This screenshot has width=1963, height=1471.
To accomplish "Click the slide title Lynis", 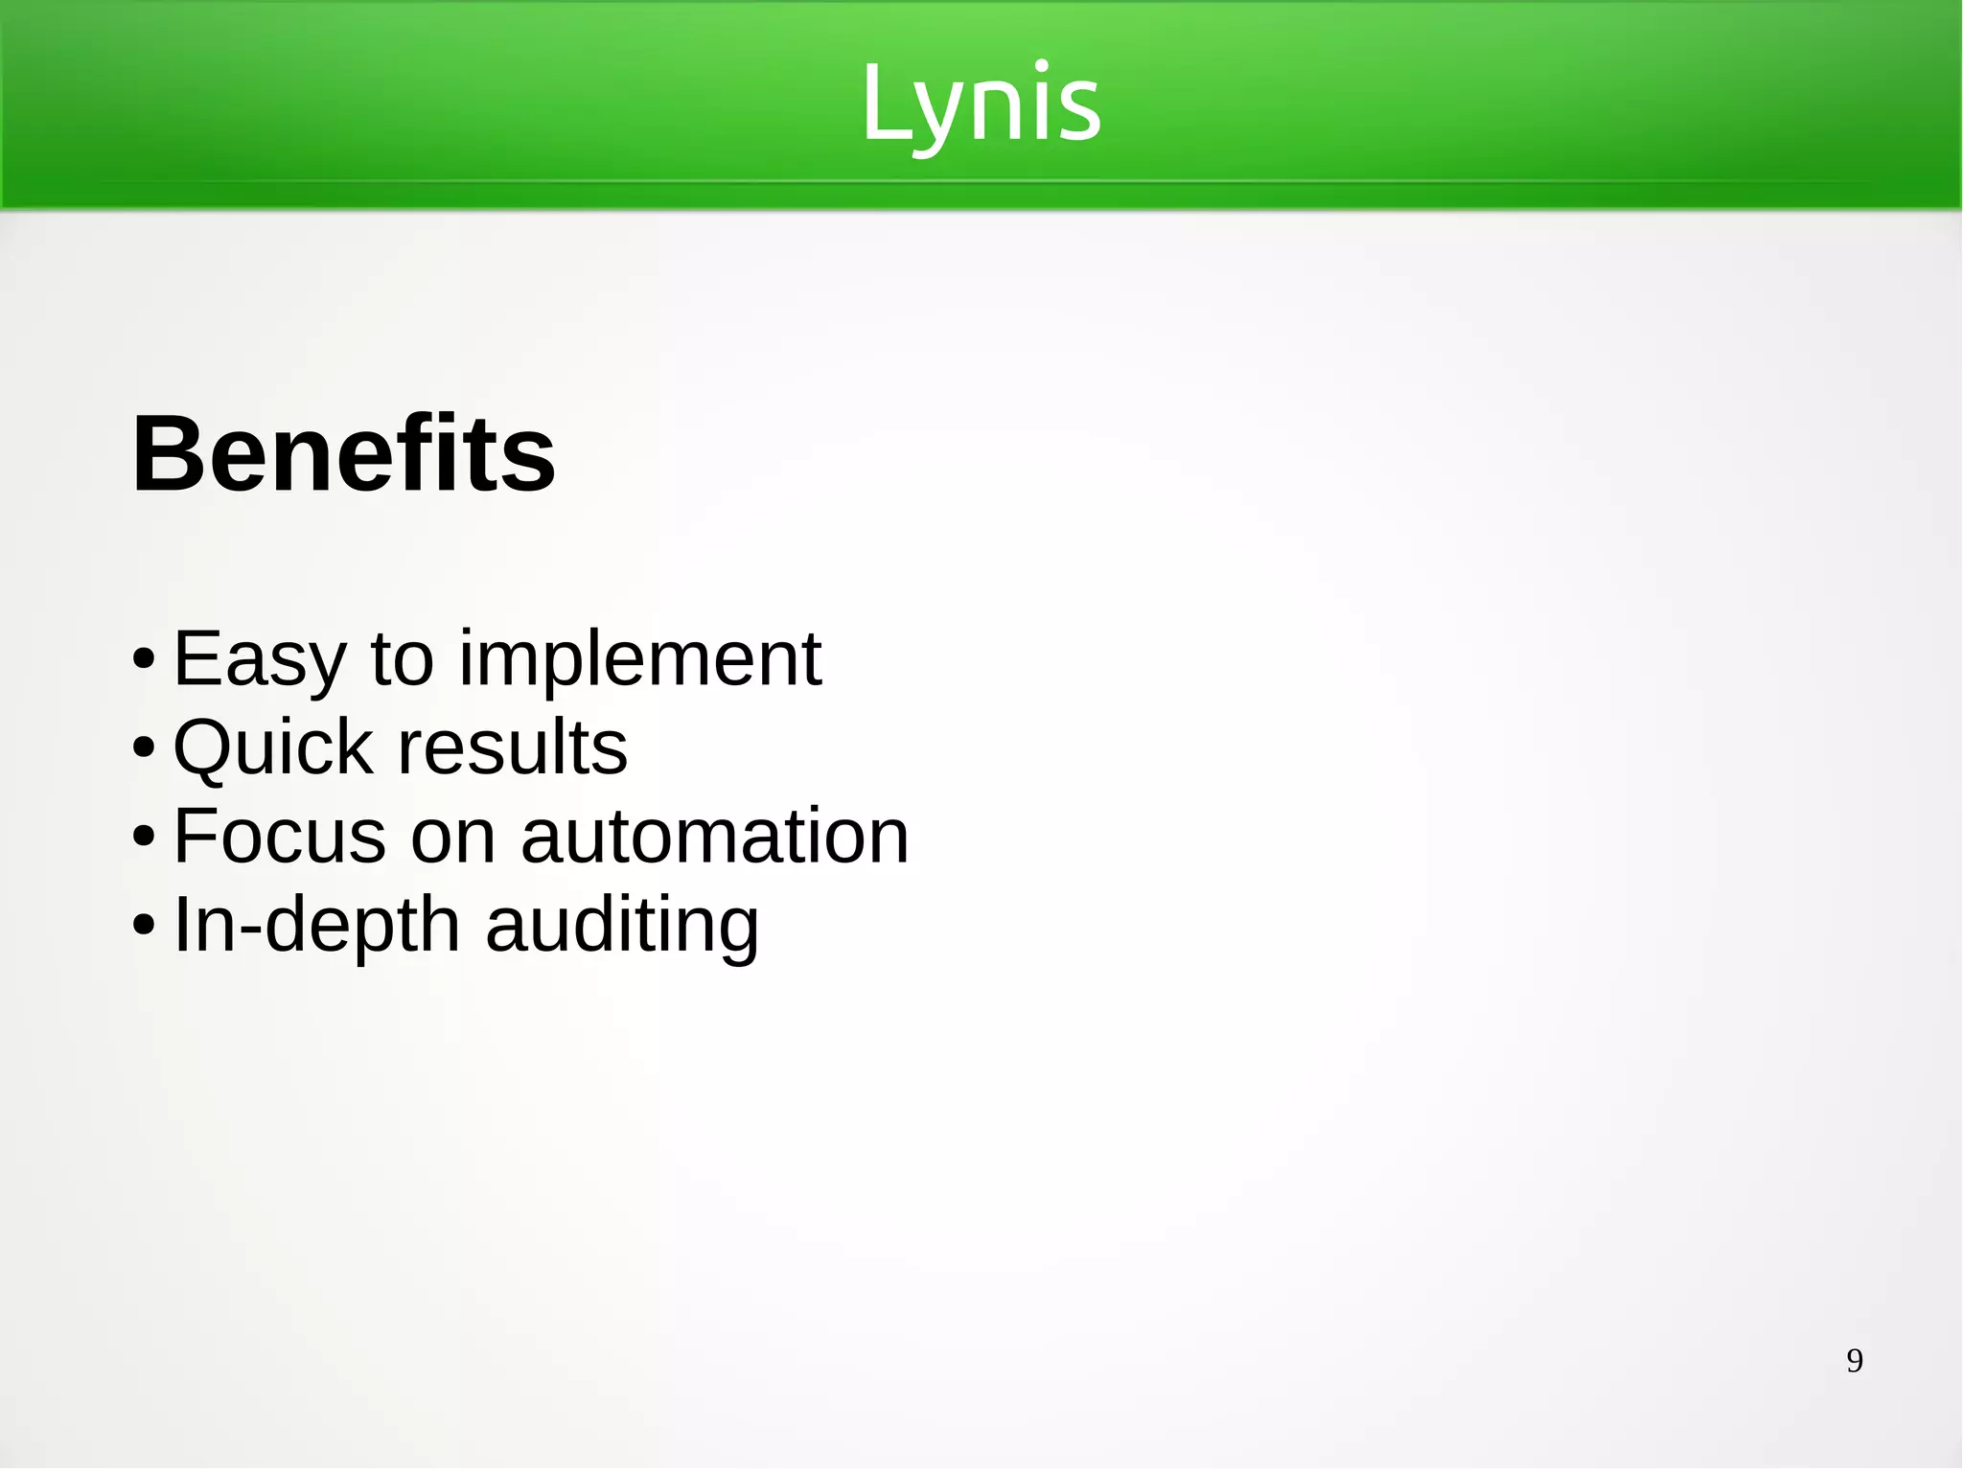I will [x=981, y=103].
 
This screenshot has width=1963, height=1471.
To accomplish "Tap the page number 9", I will [x=1855, y=1361].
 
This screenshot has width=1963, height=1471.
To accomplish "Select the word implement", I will [x=639, y=661].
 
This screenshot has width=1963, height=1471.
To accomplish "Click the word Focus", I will [x=280, y=836].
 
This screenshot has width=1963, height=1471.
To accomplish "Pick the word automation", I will [x=714, y=836].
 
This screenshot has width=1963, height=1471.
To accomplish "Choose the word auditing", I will [x=622, y=927].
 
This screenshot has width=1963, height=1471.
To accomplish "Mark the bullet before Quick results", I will [x=144, y=748].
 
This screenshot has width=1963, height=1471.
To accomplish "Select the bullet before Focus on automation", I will [x=144, y=837].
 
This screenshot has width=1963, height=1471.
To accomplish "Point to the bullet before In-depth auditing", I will [x=144, y=926].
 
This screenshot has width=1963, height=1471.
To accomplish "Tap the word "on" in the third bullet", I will [x=453, y=838].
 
